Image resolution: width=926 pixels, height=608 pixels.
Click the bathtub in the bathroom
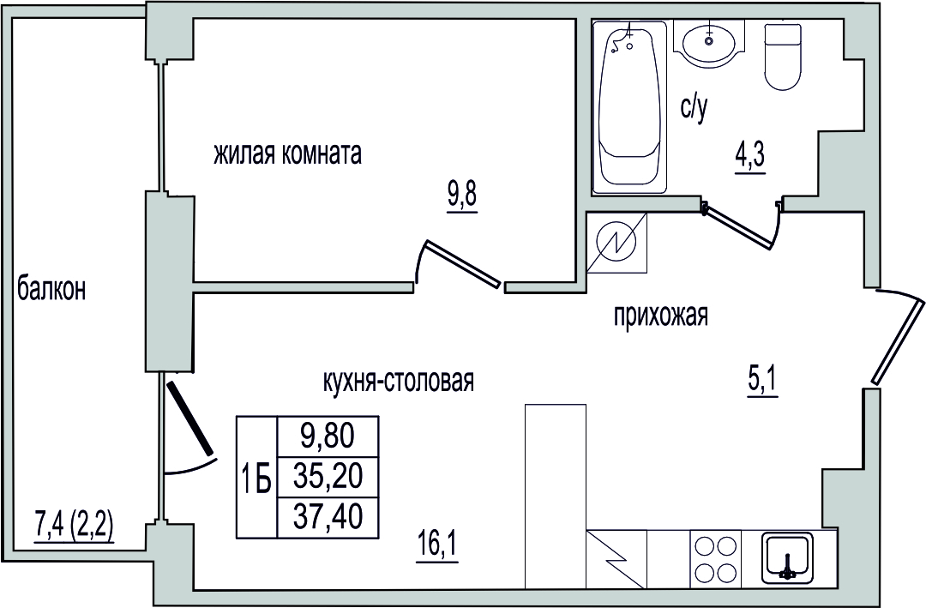point(629,107)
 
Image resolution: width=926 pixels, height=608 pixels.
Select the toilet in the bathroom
point(784,56)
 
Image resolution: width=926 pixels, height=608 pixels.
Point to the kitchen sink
point(788,556)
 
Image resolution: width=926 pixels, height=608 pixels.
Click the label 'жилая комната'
point(287,154)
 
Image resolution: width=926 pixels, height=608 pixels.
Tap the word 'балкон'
point(52,290)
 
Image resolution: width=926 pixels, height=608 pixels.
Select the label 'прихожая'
point(661,316)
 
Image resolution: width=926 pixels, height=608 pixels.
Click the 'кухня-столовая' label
point(399,382)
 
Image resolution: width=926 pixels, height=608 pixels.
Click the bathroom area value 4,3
point(750,157)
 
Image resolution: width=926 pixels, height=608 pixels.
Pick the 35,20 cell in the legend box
point(328,477)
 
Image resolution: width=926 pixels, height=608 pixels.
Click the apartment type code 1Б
point(257,479)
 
